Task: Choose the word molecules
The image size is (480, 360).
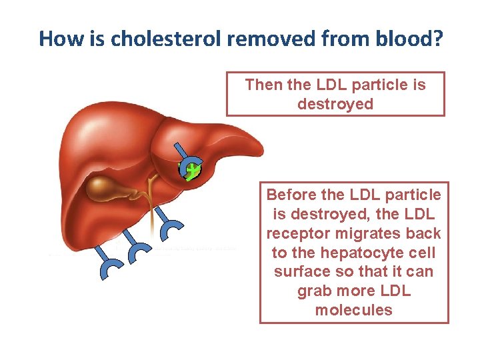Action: (353, 311)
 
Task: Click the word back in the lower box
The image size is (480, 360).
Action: (424, 233)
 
